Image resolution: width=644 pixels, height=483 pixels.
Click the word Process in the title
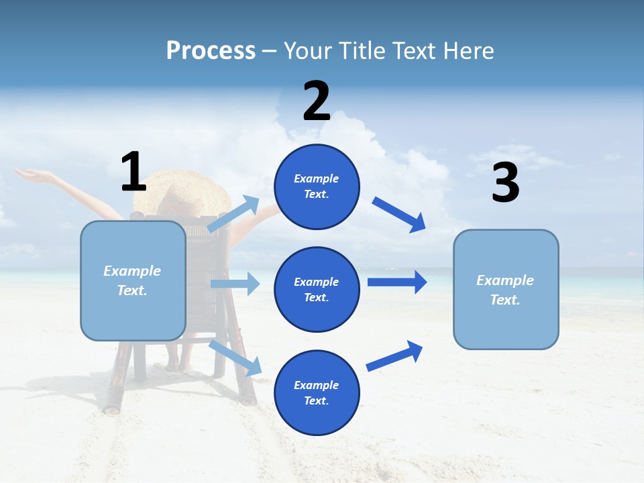(x=211, y=51)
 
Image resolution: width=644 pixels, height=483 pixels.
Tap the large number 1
(x=133, y=172)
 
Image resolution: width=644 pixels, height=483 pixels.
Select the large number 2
(x=317, y=101)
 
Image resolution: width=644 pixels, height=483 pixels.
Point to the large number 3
(x=506, y=182)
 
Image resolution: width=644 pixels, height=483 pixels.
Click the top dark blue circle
(x=317, y=186)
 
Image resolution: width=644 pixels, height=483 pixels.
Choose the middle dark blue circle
(x=317, y=289)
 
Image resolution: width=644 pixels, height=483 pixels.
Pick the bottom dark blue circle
(x=317, y=392)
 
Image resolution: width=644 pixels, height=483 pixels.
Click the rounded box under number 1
(x=133, y=280)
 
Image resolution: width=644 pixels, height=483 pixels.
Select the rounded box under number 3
(x=506, y=290)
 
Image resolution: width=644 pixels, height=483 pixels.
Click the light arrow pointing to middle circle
(x=235, y=284)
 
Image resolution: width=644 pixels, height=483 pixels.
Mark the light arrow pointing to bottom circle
(x=235, y=358)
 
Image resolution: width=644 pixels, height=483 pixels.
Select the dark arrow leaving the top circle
(x=398, y=215)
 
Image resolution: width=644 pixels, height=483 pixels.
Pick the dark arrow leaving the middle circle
(x=396, y=282)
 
